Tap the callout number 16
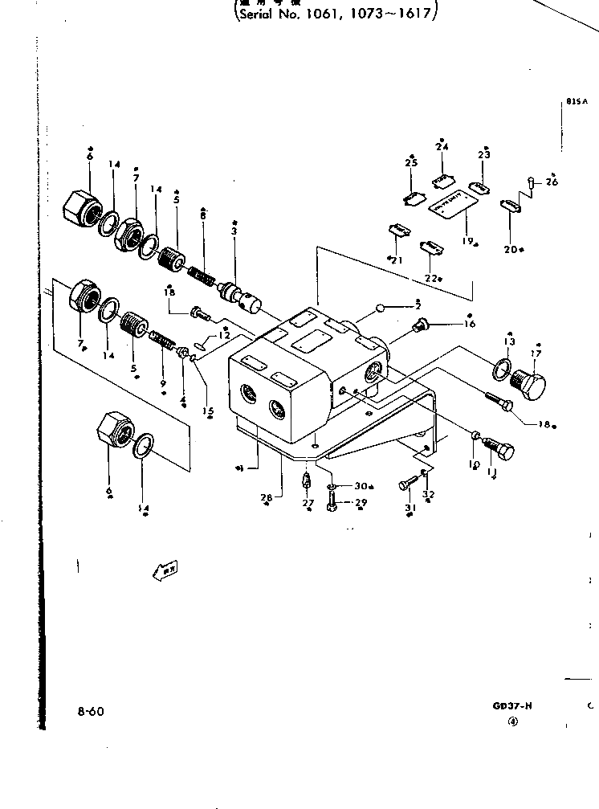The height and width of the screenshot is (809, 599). [470, 325]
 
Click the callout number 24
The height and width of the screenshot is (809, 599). [442, 147]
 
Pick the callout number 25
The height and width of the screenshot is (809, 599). [411, 164]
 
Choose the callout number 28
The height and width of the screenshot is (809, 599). [267, 498]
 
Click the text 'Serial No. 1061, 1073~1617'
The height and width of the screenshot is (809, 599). [337, 14]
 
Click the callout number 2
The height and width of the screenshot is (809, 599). [418, 306]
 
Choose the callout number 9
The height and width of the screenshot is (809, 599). [163, 384]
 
